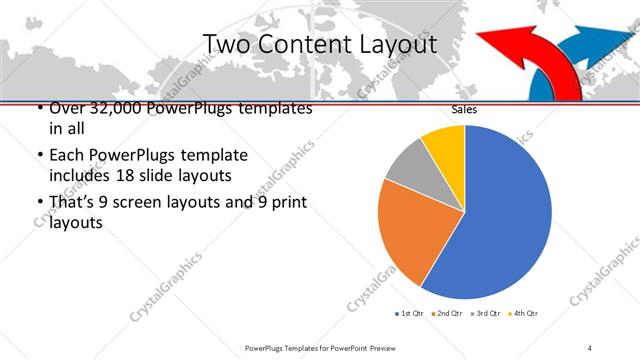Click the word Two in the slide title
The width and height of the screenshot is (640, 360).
click(225, 45)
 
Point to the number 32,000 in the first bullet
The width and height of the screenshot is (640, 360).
click(102, 108)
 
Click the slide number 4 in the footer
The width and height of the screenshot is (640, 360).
click(590, 347)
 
